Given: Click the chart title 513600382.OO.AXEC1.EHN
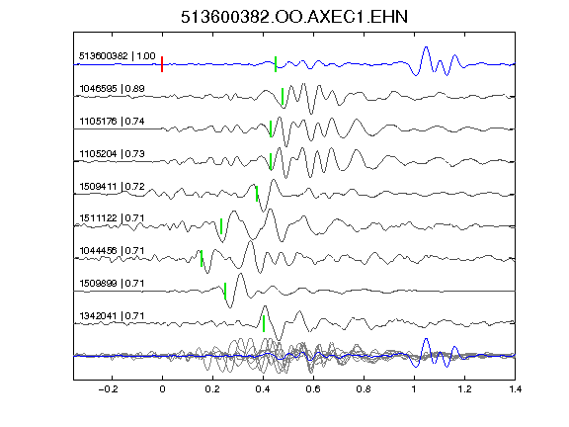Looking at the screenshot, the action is [x=294, y=17].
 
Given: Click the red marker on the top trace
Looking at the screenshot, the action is [x=162, y=64].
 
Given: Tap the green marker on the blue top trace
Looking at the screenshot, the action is [x=276, y=64].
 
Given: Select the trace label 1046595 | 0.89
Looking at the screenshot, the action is [x=112, y=89].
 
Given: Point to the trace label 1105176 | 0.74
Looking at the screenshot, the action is [x=112, y=122].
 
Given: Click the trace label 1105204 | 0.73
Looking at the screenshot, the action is [x=112, y=154].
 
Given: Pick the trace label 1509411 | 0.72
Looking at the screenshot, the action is [x=112, y=187].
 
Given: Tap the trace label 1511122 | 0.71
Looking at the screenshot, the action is [x=112, y=218].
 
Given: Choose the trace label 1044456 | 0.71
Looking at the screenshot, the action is [x=112, y=251].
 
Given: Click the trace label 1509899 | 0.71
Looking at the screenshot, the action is [x=112, y=284].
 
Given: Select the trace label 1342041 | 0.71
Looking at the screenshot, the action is [x=112, y=316].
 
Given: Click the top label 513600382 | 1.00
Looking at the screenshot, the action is [x=118, y=56].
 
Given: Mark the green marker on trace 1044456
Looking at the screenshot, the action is [x=202, y=259].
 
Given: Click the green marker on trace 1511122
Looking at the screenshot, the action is [x=221, y=226].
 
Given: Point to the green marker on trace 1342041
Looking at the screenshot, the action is [x=264, y=323].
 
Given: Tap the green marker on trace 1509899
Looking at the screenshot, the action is [x=225, y=291].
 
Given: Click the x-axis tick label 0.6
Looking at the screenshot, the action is [x=313, y=389].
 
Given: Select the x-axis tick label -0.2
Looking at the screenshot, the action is [x=108, y=389].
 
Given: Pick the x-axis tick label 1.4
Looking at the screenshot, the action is [x=515, y=389].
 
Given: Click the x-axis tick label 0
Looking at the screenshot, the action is [x=162, y=389].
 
